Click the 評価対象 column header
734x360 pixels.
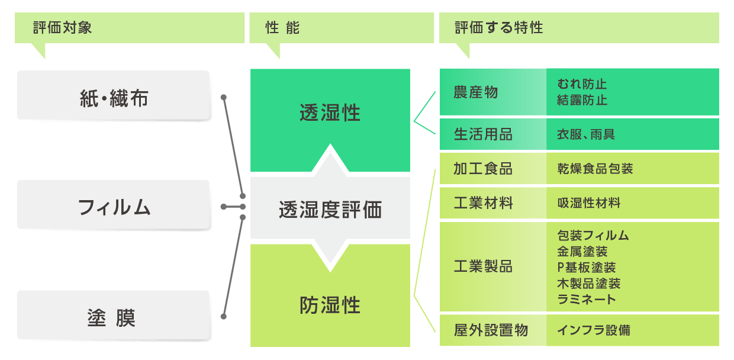(63, 28)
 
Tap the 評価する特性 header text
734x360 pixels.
(499, 28)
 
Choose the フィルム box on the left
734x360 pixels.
(114, 207)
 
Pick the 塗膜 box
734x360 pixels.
(114, 318)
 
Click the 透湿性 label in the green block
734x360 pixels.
(330, 112)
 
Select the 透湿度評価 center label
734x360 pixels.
(330, 210)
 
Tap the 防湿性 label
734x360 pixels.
(330, 306)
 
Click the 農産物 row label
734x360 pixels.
(476, 92)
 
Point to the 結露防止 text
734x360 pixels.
(582, 100)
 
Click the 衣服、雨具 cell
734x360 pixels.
(586, 134)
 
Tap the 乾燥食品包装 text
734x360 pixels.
(595, 169)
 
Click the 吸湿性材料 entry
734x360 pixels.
(589, 203)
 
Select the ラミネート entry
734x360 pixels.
(587, 299)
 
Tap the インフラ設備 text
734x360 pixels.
(594, 330)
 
